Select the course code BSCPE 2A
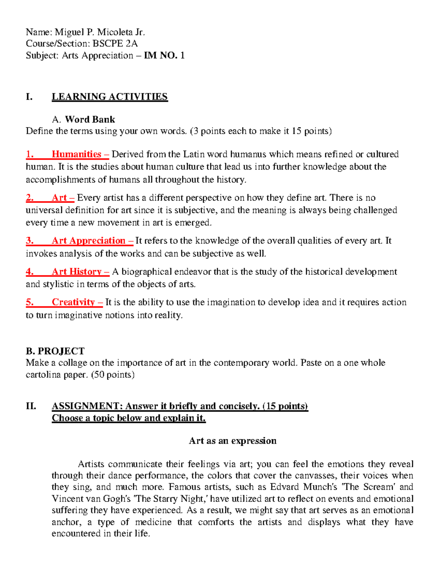click(115, 44)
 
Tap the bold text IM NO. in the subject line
click(161, 56)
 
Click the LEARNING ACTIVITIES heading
click(110, 97)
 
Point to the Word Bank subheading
click(90, 119)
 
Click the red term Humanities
click(76, 154)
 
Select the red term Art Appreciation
click(88, 241)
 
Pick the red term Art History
click(76, 272)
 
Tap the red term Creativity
click(73, 302)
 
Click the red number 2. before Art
click(30, 198)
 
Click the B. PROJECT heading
click(55, 351)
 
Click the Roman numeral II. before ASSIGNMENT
click(31, 406)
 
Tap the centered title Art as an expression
click(232, 441)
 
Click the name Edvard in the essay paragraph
click(283, 487)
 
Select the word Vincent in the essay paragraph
click(66, 499)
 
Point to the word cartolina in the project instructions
click(43, 375)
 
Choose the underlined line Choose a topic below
click(129, 418)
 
